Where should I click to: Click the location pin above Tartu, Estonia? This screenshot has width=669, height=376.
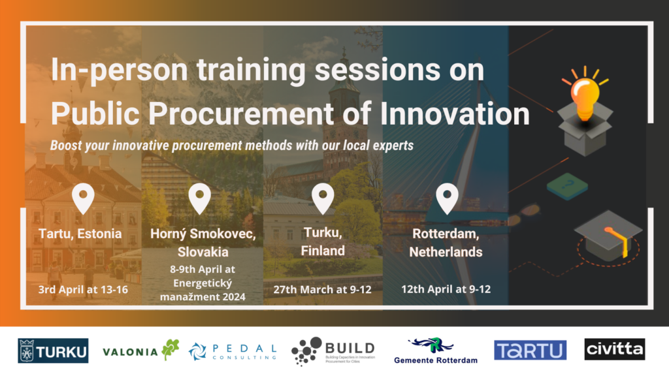83,198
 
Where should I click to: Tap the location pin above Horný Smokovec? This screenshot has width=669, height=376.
200,198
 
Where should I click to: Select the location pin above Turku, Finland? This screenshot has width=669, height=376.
323,198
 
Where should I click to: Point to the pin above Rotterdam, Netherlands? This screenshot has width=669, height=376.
447,198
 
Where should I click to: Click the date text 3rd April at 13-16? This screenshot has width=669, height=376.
83,290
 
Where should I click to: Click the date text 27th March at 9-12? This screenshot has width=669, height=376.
323,290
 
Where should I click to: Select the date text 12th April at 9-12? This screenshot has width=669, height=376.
446,289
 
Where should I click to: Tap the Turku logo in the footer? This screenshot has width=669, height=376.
53,351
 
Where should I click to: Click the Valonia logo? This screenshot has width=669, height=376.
141,351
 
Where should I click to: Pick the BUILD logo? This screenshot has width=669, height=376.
333,351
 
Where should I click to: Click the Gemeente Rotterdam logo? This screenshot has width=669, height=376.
436,351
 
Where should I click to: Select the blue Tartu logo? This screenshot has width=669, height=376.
530,350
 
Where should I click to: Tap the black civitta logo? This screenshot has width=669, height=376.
614,349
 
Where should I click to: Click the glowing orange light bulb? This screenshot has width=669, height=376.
585,93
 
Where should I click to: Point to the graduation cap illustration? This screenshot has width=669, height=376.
608,236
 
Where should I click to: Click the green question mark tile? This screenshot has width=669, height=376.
568,186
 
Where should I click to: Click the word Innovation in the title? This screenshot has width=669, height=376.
455,114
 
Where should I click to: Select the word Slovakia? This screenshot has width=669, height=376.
203,253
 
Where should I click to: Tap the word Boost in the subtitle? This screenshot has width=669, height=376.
65,146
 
